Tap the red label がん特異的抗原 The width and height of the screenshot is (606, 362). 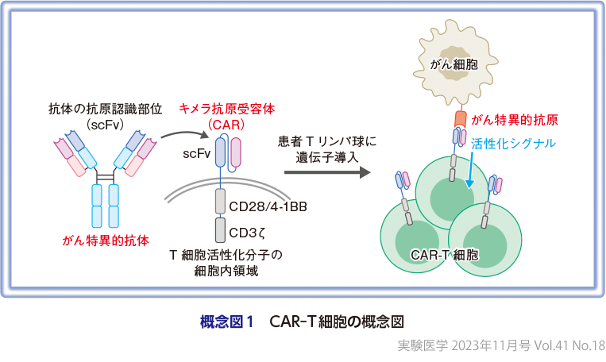pos(514,120)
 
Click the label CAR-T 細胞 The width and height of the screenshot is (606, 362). pos(445,256)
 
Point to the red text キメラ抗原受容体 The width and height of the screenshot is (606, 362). pos(226,108)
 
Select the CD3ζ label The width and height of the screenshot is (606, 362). pos(248,233)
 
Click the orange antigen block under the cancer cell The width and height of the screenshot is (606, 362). pos(460,120)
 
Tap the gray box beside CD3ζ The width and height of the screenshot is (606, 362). pos(220,230)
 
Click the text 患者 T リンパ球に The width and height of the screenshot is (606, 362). pos(326,142)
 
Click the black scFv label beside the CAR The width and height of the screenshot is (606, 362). pos(195,152)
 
